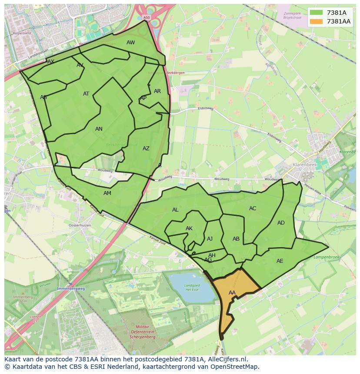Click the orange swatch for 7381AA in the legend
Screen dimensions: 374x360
[317, 21]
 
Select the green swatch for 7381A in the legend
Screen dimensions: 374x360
[317, 13]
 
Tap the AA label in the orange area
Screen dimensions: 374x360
[232, 293]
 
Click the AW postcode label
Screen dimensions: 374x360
[130, 43]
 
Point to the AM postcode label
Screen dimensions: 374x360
[107, 193]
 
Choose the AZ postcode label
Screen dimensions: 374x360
[146, 149]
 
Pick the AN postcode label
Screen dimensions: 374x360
[99, 129]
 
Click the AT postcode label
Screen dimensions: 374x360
[86, 94]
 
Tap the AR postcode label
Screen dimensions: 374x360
[157, 91]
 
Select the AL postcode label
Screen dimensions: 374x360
[175, 210]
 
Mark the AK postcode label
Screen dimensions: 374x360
[189, 228]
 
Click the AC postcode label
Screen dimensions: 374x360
[253, 209]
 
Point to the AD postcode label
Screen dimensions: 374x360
[281, 223]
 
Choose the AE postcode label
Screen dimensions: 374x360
[280, 261]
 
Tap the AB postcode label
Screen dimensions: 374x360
[236, 239]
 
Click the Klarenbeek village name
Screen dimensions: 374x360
[304, 165]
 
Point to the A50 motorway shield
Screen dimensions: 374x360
[146, 17]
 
